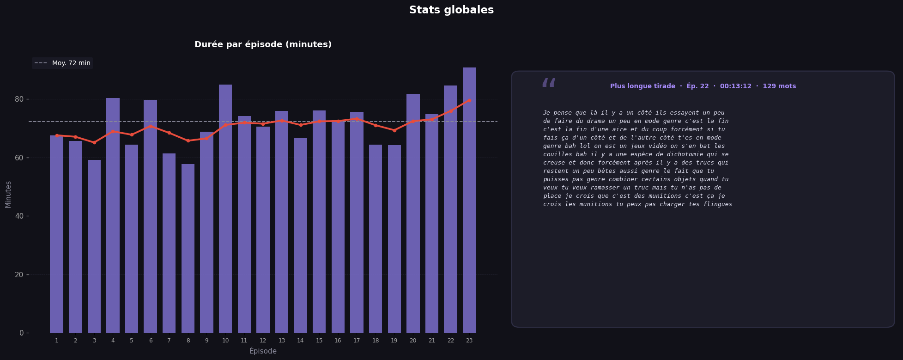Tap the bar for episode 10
(x=225, y=208)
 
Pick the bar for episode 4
(x=113, y=215)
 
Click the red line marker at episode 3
(x=94, y=142)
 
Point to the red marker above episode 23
(x=469, y=100)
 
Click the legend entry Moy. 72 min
(x=62, y=63)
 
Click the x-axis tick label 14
(x=300, y=341)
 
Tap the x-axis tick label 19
(x=394, y=341)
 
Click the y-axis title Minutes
(x=8, y=194)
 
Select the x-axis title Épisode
(x=263, y=351)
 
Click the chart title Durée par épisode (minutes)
(x=263, y=45)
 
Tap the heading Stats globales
(x=451, y=10)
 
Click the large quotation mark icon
(x=548, y=84)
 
